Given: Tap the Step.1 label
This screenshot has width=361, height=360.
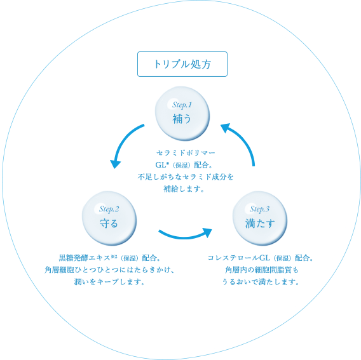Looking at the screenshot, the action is click(182, 105).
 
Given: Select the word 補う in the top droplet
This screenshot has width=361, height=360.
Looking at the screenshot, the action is click(182, 119).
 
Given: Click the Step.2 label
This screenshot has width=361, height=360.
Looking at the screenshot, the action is click(109, 209).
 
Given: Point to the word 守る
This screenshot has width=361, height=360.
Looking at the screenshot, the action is click(109, 223).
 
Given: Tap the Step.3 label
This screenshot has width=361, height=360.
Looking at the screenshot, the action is click(259, 209).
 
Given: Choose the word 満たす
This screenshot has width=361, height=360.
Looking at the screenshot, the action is click(260, 223).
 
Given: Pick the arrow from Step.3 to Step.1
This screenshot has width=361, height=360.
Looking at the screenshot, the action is click(243, 140).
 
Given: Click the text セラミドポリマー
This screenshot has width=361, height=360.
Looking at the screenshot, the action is click(186, 153).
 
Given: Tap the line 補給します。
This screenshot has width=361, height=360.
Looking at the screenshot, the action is click(184, 189).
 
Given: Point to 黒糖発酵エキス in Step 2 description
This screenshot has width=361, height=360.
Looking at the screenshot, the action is click(85, 258).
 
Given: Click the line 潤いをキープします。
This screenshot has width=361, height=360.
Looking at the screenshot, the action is click(109, 281).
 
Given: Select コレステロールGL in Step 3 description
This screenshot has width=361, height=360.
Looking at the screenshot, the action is click(239, 258).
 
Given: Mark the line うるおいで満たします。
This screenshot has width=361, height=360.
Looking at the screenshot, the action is click(261, 281).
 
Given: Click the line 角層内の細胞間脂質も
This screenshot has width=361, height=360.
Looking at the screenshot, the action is click(262, 270).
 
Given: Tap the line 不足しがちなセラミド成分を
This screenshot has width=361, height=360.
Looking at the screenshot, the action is click(186, 177).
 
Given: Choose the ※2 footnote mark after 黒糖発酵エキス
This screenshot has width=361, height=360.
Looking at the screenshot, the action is click(114, 257).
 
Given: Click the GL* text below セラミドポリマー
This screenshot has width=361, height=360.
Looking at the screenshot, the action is click(163, 164).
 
